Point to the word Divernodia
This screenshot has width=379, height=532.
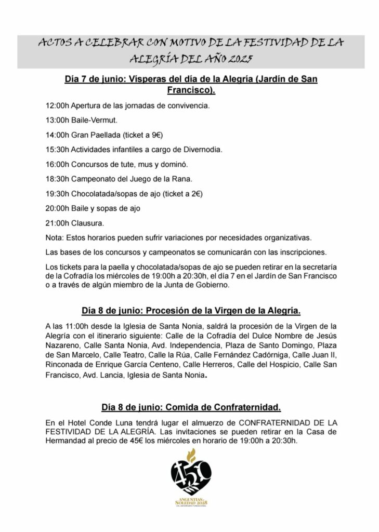204,150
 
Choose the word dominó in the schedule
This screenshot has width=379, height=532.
175,164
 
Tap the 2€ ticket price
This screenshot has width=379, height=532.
196,194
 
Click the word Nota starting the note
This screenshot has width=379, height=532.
54,238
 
